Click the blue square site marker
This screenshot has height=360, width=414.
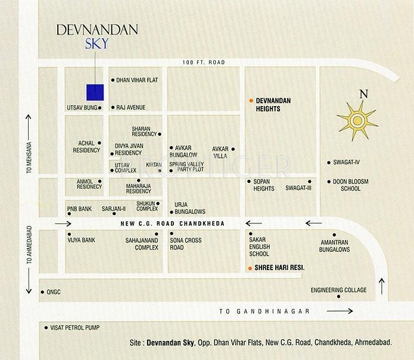(x=95, y=92)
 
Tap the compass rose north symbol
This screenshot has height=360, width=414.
(x=357, y=121)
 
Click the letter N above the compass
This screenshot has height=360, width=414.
(x=363, y=94)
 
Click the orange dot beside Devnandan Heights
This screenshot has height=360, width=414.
(x=251, y=101)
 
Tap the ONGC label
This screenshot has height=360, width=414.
(x=55, y=292)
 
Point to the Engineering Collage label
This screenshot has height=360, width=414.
(x=338, y=290)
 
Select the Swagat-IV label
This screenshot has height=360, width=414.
(x=347, y=162)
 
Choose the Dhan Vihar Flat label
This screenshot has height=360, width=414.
(x=138, y=80)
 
